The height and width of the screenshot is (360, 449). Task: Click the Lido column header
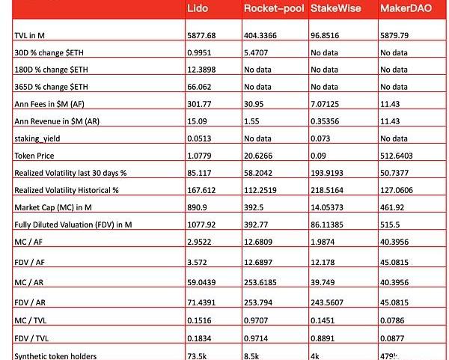point(200,8)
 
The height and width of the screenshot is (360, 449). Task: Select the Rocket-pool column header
point(272,8)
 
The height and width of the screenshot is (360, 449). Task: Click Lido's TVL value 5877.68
point(203,36)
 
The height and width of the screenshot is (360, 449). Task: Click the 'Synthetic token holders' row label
point(55,355)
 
